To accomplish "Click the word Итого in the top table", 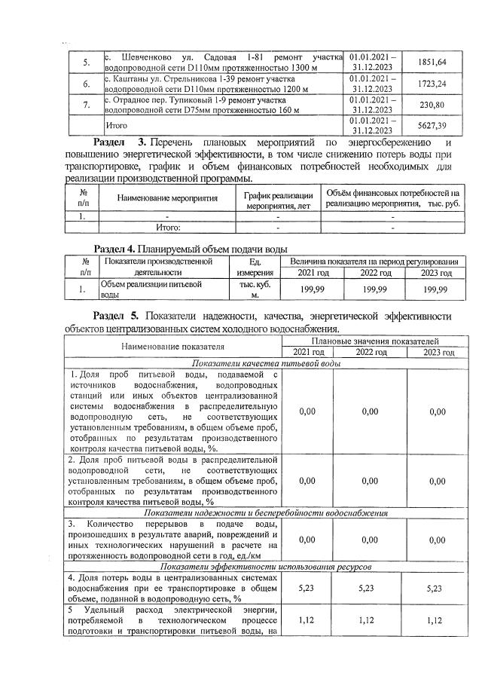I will [x=116, y=126].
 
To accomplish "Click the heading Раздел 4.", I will [x=124, y=249].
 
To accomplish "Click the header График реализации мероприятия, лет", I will [x=278, y=199].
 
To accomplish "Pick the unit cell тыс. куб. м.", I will [x=255, y=289].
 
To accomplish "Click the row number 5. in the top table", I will [x=85, y=62].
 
